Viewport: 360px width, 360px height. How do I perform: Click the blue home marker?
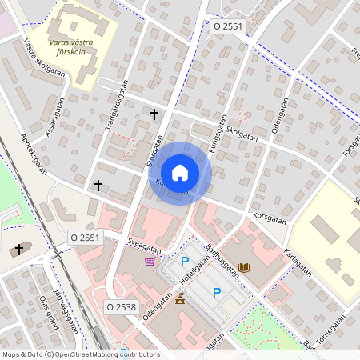(180, 172)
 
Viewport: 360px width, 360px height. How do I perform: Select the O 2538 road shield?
(122, 306)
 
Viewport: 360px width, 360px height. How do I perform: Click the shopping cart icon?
(150, 261)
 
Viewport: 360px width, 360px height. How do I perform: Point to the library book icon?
(244, 266)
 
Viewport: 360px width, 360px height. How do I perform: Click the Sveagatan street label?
(145, 242)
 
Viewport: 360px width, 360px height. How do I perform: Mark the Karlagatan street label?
(297, 262)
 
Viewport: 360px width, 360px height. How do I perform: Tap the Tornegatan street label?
(330, 329)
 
